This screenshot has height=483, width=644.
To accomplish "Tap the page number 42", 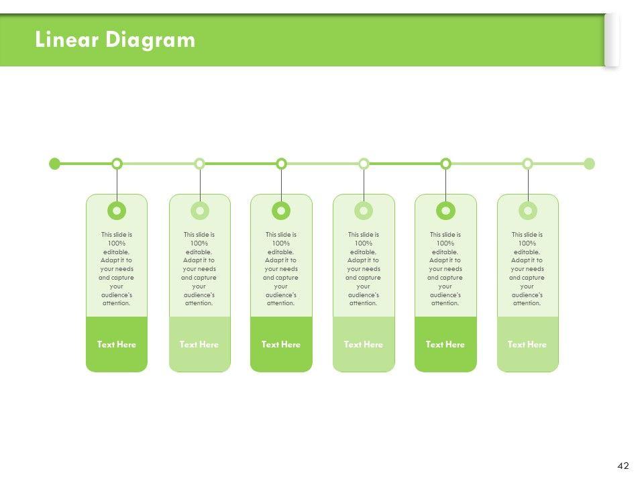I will pyautogui.click(x=623, y=466).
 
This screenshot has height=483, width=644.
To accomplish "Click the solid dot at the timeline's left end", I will pyautogui.click(x=55, y=164).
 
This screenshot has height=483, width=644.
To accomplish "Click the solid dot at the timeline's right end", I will pyautogui.click(x=589, y=164).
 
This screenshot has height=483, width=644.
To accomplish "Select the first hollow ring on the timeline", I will pyautogui.click(x=117, y=164).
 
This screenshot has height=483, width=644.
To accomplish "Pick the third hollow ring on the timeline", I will pyautogui.click(x=281, y=164).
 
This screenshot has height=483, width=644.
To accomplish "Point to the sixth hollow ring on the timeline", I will pyautogui.click(x=527, y=164).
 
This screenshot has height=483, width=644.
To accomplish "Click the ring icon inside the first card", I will pyautogui.click(x=117, y=211).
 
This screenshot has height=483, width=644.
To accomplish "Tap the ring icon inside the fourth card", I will pyautogui.click(x=364, y=211).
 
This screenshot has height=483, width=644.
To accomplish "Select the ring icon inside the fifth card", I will pyautogui.click(x=445, y=211).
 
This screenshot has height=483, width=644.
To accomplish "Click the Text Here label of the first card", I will pyautogui.click(x=117, y=345).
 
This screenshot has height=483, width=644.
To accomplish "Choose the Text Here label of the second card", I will pyautogui.click(x=199, y=345).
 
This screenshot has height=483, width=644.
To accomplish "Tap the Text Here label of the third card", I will pyautogui.click(x=281, y=345).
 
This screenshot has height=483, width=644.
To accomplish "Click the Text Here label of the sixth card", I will pyautogui.click(x=527, y=345).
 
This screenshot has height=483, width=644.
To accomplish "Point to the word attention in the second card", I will pyautogui.click(x=199, y=303).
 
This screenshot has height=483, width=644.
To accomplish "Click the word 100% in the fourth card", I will pyautogui.click(x=364, y=243).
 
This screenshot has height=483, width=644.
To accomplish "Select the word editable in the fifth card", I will pyautogui.click(x=445, y=252).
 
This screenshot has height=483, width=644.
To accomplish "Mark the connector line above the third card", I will pyautogui.click(x=281, y=181).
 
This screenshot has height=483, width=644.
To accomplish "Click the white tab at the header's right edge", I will pyautogui.click(x=611, y=40).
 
